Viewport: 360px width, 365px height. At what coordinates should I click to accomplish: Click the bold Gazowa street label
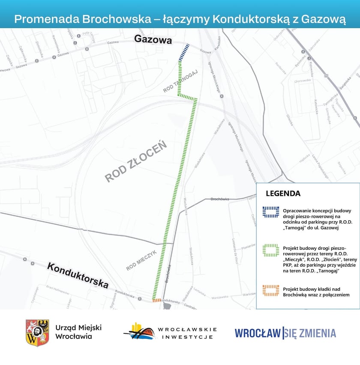[153, 40]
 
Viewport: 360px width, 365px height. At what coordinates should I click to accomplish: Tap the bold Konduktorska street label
[78, 275]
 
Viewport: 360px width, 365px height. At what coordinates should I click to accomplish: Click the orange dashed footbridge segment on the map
[156, 300]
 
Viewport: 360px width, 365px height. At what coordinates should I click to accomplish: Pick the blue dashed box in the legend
[271, 213]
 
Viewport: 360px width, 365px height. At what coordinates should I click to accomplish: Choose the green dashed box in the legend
[271, 251]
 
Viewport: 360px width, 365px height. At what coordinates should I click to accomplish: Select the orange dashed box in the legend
[271, 290]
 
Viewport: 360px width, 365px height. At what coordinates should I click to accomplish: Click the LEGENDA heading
[283, 193]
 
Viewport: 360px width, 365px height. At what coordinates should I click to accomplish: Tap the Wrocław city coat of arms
[37, 332]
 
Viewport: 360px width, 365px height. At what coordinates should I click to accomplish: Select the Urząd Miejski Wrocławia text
[78, 332]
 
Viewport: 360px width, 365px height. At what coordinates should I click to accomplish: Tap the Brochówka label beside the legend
[220, 199]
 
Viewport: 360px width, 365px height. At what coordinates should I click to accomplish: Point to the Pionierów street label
[248, 247]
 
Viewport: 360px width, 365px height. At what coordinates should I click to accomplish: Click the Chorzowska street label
[302, 81]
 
